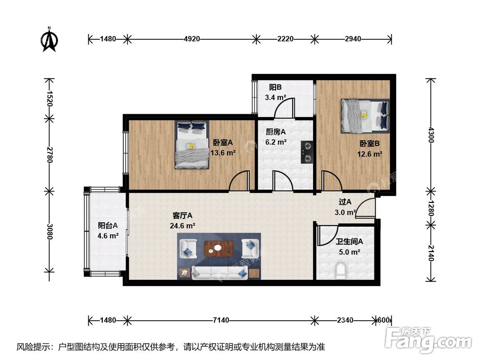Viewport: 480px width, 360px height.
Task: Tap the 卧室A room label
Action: [223, 143]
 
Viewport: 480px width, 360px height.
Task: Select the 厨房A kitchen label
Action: [276, 132]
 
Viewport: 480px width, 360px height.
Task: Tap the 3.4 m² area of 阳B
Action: [276, 97]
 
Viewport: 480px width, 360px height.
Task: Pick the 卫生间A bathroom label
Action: [349, 242]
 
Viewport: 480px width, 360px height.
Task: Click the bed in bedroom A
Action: [192, 144]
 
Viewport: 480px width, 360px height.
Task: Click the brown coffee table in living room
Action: [219, 248]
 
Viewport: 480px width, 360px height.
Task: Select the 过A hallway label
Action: [345, 202]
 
